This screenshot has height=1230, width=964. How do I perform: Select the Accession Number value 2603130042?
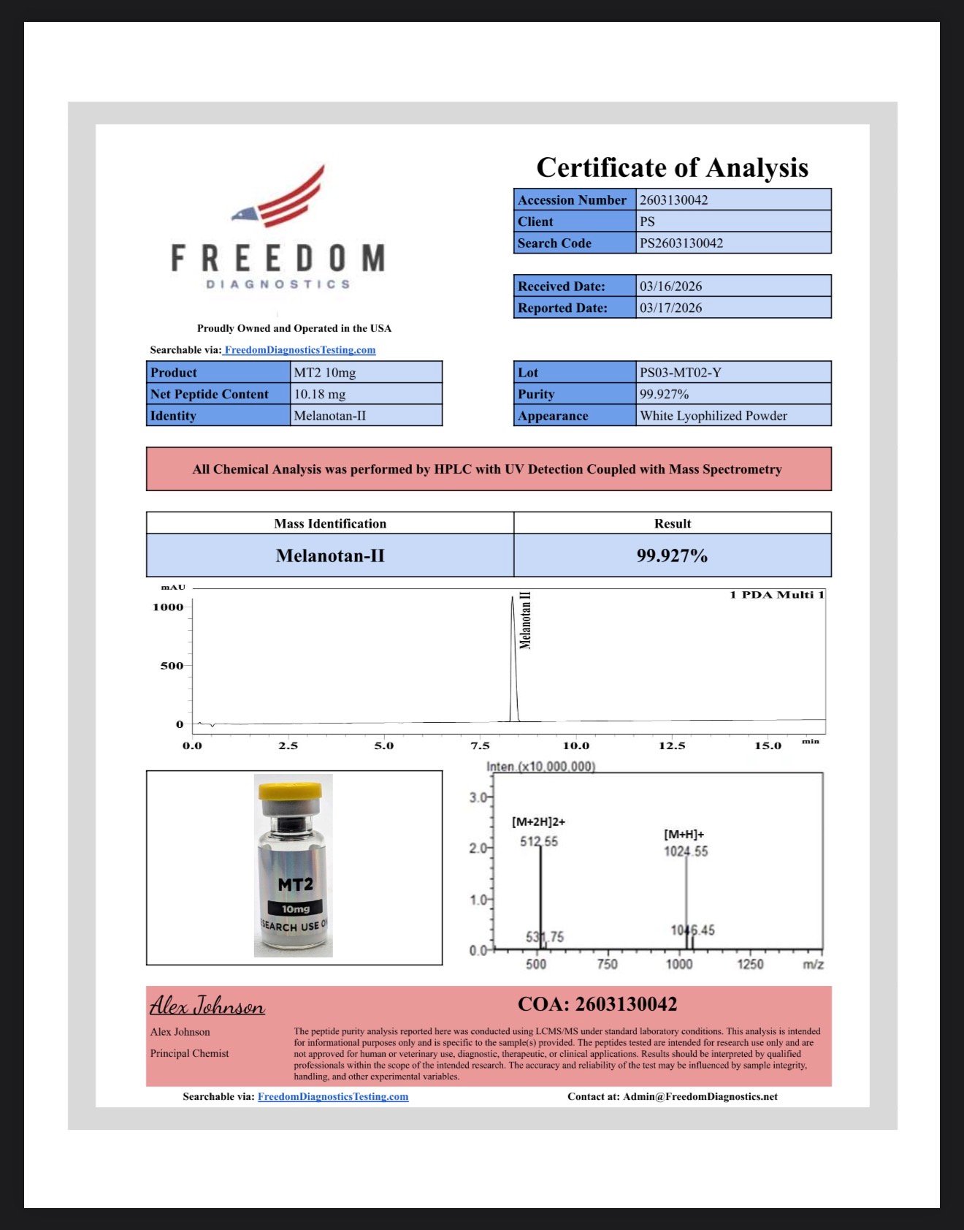[673, 200]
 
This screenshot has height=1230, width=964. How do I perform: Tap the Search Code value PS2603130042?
[681, 243]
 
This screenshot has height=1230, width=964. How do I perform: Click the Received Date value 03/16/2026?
[670, 286]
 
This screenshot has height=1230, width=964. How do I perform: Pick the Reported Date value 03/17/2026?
[670, 308]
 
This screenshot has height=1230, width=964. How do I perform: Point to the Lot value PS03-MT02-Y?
[680, 372]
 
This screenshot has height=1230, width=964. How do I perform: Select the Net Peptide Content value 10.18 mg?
[319, 394]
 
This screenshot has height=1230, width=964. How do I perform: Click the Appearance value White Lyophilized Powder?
[713, 416]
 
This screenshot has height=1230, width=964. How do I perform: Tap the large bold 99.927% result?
[672, 555]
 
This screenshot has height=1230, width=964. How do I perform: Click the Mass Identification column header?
[330, 523]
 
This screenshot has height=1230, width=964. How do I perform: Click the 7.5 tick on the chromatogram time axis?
[480, 745]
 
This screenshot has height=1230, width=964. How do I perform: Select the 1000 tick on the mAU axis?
[168, 607]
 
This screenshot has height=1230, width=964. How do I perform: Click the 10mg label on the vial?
[296, 908]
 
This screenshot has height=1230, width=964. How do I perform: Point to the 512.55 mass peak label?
[538, 841]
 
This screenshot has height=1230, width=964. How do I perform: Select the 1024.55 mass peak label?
[686, 851]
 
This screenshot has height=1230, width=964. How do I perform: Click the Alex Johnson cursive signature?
[207, 1006]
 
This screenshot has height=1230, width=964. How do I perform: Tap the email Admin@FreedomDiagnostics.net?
[700, 1096]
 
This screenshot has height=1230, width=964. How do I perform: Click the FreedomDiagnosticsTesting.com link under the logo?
[300, 349]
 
